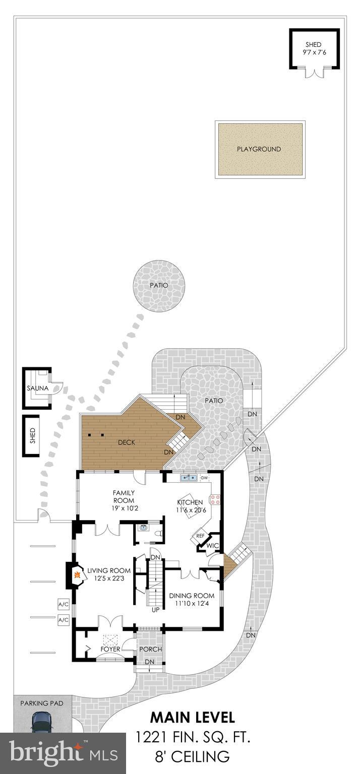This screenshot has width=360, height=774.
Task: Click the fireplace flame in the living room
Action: click(x=77, y=574)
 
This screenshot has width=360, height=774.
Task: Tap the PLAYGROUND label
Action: click(x=259, y=149)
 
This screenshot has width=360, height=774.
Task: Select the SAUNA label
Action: click(x=37, y=389)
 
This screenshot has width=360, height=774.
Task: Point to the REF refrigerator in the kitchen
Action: click(x=200, y=536)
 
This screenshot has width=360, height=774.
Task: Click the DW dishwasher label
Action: click(x=204, y=477)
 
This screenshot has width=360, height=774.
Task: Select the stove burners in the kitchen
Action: click(x=215, y=499)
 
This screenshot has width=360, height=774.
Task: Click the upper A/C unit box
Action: click(x=63, y=604)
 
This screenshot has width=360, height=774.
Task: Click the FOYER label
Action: click(x=110, y=649)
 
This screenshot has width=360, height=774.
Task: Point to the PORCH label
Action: click(x=150, y=649)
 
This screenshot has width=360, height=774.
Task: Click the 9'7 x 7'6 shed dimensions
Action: click(x=313, y=52)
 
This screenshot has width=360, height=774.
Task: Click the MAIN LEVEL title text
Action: click(x=193, y=717)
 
